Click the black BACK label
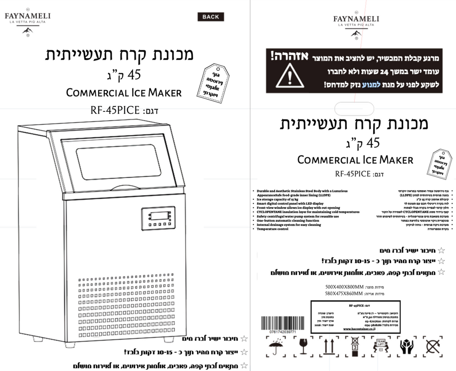click(211, 17)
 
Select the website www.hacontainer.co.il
click(359, 329)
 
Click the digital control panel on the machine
click(158, 218)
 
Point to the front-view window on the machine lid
click(118, 162)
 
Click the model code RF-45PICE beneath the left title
click(115, 110)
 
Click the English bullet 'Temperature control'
click(273, 229)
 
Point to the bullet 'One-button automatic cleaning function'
click(288, 220)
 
